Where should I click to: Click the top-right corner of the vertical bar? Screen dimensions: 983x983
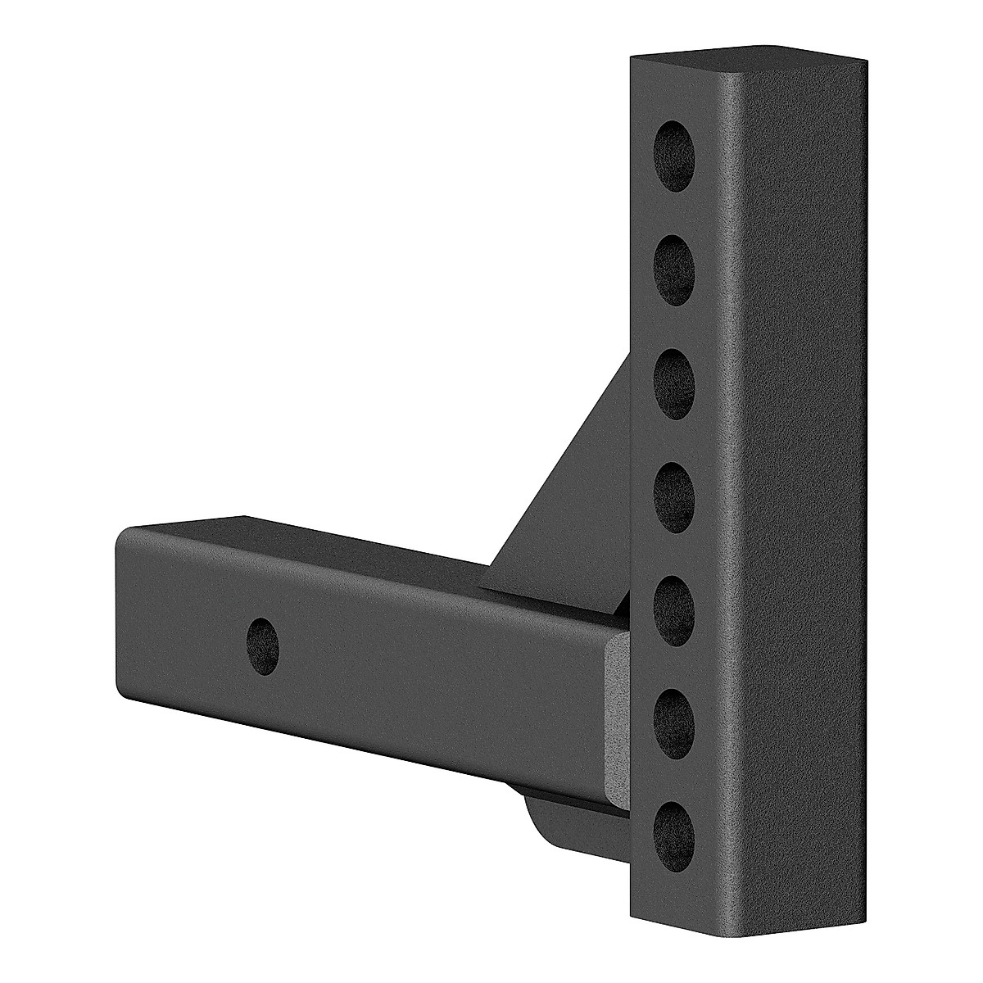(864, 61)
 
